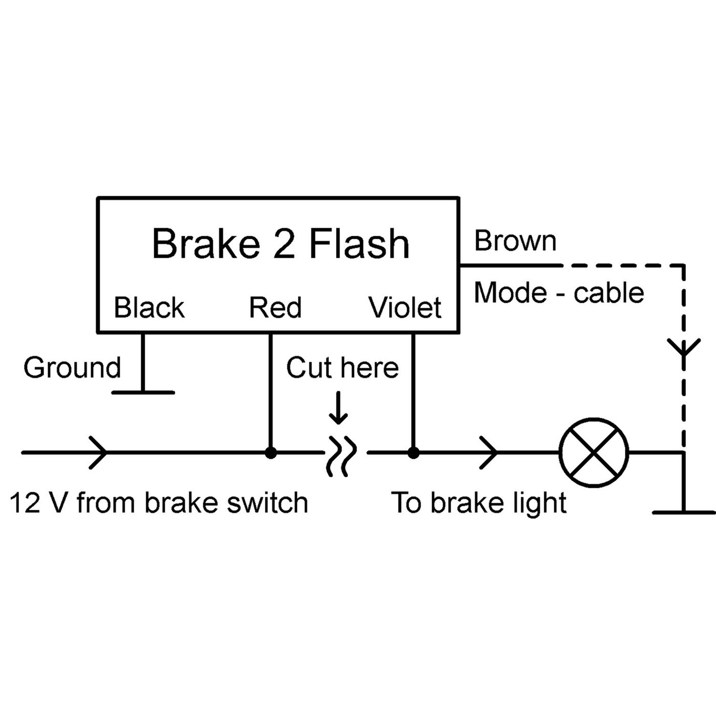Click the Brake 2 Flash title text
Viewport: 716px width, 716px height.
pos(281,244)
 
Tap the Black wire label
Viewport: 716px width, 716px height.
pos(149,308)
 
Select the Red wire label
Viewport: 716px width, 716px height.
pos(275,308)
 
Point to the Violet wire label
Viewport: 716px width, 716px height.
pos(405,308)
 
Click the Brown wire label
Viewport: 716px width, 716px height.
pos(515,241)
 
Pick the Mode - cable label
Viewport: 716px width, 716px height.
pos(558,293)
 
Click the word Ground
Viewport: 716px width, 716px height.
pos(72,368)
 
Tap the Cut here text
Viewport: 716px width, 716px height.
pos(342,368)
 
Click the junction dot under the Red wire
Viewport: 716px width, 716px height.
pos(271,453)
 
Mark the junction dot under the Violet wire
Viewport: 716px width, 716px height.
pos(413,453)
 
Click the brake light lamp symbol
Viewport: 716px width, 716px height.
pos(594,453)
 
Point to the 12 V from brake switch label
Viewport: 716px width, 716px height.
pos(159,503)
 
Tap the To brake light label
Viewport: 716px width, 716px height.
pos(479,503)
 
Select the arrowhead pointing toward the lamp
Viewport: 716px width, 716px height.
pos(489,453)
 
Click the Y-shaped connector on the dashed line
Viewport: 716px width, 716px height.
pos(684,349)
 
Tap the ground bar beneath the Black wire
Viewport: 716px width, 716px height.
pos(143,392)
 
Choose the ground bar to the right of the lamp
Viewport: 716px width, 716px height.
pos(684,511)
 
